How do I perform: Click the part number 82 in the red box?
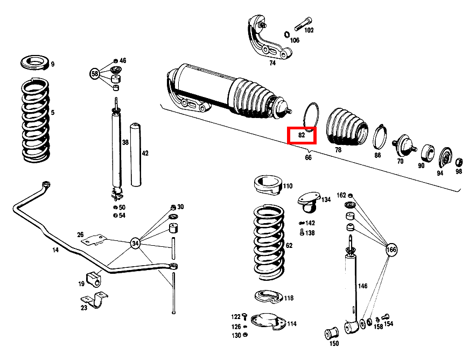(x=302, y=135)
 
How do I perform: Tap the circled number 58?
(x=95, y=73)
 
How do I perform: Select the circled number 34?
(x=136, y=244)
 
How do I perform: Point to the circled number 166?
(x=391, y=250)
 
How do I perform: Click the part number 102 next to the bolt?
(x=309, y=30)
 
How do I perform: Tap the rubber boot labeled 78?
(x=347, y=127)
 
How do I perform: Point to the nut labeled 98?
(x=459, y=162)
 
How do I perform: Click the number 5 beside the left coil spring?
(x=52, y=113)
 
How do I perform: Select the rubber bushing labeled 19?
(x=93, y=279)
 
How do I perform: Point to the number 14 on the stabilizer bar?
(x=55, y=250)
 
